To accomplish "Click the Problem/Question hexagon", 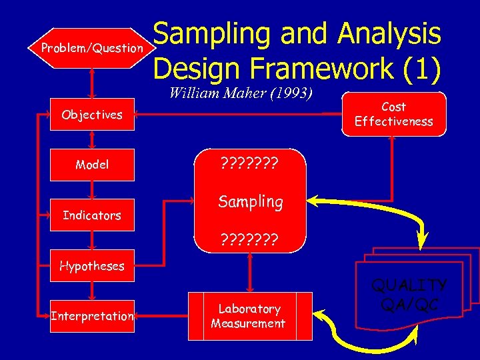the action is tap(92, 48).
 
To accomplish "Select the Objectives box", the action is tap(92, 115).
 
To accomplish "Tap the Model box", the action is tap(92, 165).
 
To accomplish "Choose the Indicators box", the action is tap(92, 215).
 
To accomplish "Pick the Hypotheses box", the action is tap(92, 265).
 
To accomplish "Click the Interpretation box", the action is tap(92, 315).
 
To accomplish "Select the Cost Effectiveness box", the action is tap(393, 114).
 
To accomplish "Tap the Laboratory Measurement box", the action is tap(248, 316).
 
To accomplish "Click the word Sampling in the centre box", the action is tap(251, 201).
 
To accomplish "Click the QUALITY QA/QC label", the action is tap(408, 294).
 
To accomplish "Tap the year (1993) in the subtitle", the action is tap(290, 93).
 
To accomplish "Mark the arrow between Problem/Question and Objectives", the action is tap(92, 84).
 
